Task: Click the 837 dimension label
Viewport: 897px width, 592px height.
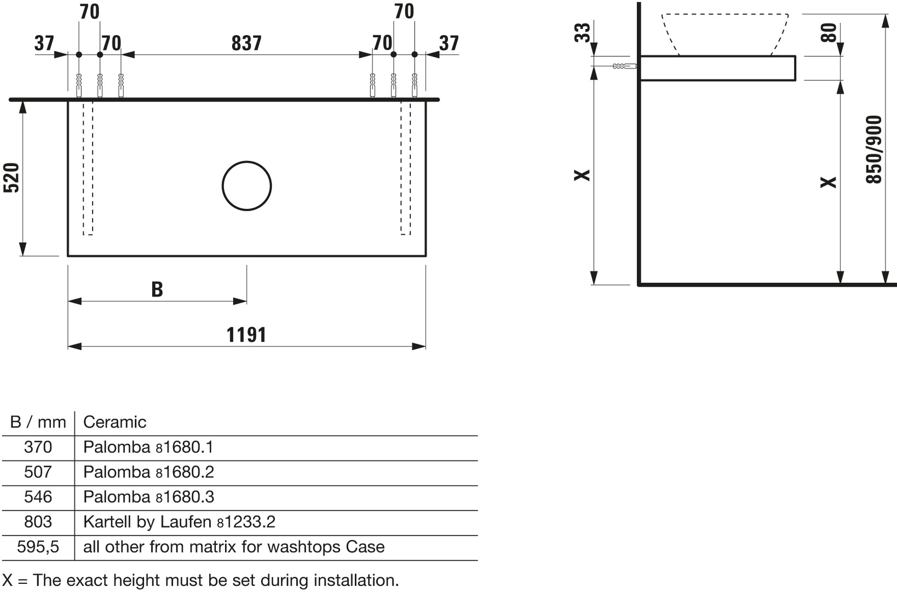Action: [246, 43]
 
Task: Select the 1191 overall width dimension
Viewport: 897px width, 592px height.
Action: [246, 335]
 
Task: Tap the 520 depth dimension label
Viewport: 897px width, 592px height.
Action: [11, 178]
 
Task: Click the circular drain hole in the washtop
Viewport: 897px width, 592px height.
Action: [246, 186]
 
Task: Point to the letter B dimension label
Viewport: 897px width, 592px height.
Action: [157, 289]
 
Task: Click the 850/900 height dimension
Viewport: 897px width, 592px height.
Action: [873, 150]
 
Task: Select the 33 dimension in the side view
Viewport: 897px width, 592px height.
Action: [583, 32]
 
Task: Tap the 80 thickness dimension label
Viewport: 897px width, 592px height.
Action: [829, 32]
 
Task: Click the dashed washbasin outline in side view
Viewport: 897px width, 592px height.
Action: [725, 35]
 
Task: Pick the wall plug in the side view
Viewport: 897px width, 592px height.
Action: [625, 66]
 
